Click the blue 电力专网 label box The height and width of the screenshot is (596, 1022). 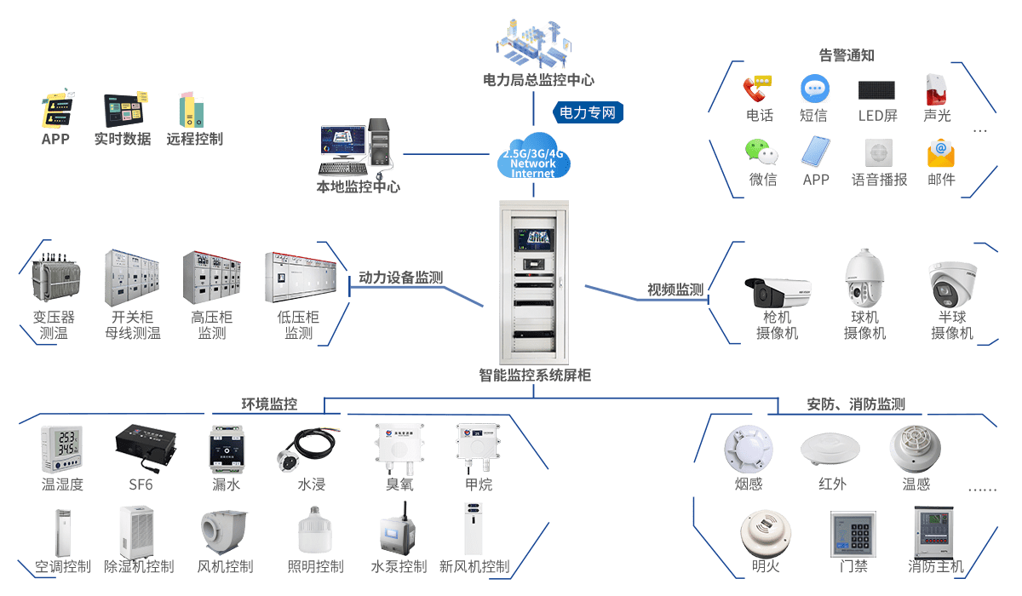589,112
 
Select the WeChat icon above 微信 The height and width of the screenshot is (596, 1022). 761,152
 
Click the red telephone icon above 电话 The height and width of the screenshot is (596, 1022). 757,88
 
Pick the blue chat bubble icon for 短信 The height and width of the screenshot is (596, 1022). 814,89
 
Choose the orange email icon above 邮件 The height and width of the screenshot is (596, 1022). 941,152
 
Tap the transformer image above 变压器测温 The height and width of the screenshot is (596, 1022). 54,278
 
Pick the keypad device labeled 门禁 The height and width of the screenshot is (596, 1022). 853,534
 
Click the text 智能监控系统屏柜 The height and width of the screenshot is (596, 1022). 534,375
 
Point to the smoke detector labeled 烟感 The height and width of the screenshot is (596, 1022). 748,450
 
